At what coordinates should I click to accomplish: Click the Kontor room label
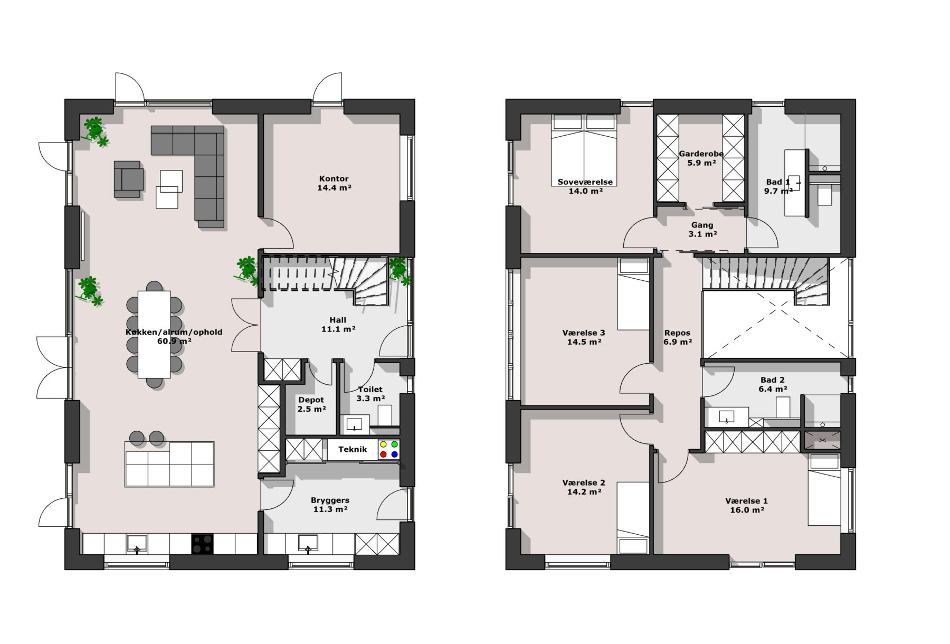(x=334, y=178)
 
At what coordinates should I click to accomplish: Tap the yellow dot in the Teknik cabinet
(x=383, y=444)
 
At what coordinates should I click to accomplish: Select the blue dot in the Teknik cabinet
(x=394, y=454)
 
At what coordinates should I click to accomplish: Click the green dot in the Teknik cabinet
(x=394, y=444)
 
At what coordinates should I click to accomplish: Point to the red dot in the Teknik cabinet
(x=383, y=454)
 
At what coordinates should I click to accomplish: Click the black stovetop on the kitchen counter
(x=202, y=544)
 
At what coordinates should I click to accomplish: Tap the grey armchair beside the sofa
(x=128, y=179)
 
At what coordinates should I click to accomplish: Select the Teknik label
(x=353, y=449)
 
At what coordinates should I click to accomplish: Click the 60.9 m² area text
(x=174, y=341)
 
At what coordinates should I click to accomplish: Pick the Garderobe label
(x=701, y=154)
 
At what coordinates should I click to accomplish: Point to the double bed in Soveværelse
(x=584, y=149)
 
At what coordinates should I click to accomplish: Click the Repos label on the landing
(x=677, y=333)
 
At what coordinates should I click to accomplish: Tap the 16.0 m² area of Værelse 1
(x=747, y=510)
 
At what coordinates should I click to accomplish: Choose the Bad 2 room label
(x=773, y=380)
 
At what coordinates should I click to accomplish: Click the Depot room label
(x=311, y=400)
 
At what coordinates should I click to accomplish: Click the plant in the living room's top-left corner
(x=95, y=131)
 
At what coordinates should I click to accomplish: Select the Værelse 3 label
(x=584, y=333)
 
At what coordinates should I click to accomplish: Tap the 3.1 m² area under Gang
(x=702, y=234)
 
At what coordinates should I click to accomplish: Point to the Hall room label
(x=338, y=320)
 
